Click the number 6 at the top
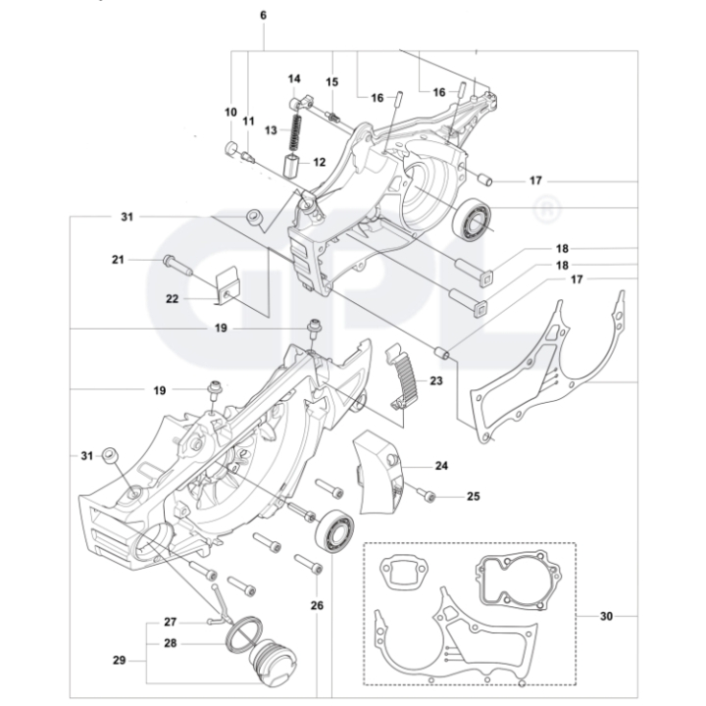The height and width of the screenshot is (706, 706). pyautogui.click(x=263, y=15)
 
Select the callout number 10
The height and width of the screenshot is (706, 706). pyautogui.click(x=230, y=113)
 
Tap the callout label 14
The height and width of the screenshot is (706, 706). pyautogui.click(x=294, y=78)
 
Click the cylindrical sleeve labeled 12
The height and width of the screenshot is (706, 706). pyautogui.click(x=292, y=162)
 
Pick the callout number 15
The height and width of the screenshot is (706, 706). pyautogui.click(x=332, y=81)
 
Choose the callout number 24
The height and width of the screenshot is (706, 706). pyautogui.click(x=442, y=466)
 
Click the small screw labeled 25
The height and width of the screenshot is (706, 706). pyautogui.click(x=425, y=495)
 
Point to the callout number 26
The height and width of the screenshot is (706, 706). pyautogui.click(x=317, y=606)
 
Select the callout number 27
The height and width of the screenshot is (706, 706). pyautogui.click(x=170, y=622)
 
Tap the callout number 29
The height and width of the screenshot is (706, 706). pyautogui.click(x=119, y=660)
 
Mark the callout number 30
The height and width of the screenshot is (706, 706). pyautogui.click(x=607, y=617)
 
